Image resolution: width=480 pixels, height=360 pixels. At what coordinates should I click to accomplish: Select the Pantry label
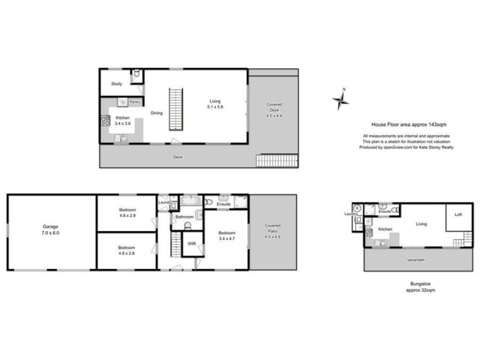135,102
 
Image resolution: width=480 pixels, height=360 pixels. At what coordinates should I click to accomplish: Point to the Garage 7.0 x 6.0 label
50,229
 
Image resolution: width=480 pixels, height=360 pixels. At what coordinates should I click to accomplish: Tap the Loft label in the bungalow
458,214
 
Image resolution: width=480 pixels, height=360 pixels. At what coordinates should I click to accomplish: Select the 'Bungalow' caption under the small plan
419,284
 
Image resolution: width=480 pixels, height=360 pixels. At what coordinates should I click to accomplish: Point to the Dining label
156,113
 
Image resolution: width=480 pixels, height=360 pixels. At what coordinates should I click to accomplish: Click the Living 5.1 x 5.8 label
215,104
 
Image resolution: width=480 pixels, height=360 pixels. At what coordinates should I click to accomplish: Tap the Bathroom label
184,217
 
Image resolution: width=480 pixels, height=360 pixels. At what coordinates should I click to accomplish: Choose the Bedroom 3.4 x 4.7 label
227,236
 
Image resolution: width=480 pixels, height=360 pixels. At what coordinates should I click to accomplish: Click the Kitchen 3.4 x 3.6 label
122,121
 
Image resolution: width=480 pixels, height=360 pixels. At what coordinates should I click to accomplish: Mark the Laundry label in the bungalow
351,214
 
